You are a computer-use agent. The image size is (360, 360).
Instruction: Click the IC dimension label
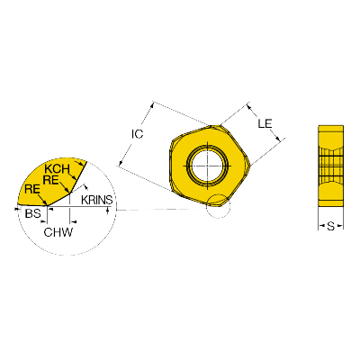(138, 134)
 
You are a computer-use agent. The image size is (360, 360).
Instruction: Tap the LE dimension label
(265, 123)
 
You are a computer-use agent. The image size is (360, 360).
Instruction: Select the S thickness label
(330, 226)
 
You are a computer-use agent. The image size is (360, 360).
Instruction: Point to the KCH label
(57, 169)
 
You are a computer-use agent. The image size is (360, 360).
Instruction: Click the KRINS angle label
(97, 200)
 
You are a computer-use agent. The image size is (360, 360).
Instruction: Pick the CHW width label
(58, 232)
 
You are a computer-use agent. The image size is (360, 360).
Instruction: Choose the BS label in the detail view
(33, 213)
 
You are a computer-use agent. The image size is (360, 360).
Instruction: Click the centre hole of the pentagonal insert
(207, 166)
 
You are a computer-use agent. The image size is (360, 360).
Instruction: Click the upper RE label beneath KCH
(51, 180)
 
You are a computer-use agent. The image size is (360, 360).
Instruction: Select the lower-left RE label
(32, 190)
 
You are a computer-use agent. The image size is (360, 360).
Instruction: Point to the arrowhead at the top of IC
(152, 104)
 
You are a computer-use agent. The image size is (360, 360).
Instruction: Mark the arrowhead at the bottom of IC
(121, 163)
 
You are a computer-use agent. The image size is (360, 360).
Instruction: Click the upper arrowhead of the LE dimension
(249, 106)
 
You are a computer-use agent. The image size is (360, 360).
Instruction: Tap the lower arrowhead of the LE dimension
(278, 139)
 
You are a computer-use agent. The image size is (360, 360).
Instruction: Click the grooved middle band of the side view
(330, 166)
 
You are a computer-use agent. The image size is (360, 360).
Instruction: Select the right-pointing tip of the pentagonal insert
(251, 165)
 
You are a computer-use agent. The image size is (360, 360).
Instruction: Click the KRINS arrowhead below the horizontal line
(108, 211)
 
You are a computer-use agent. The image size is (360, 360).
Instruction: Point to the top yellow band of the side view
(330, 130)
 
